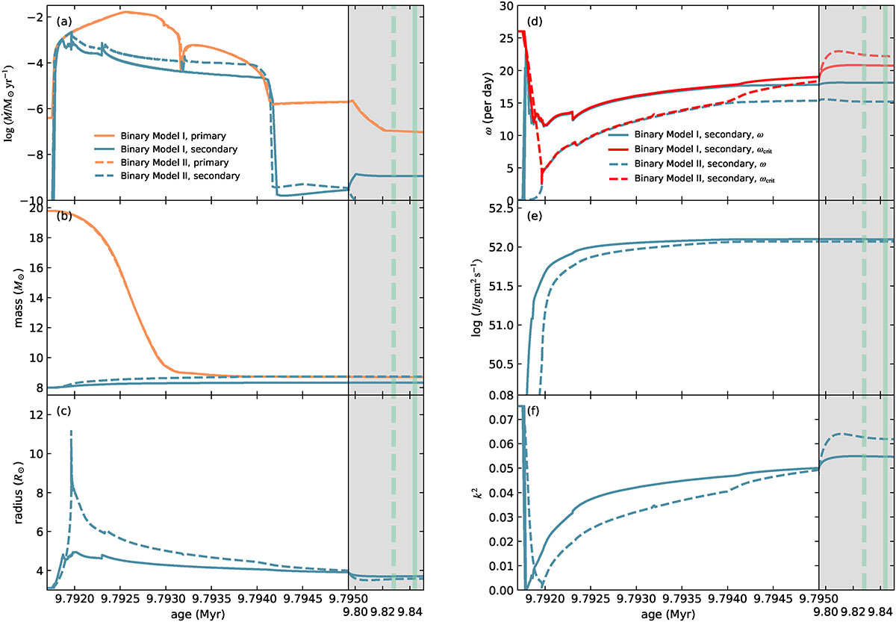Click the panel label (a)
click(63, 22)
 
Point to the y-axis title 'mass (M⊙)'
click(13, 298)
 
